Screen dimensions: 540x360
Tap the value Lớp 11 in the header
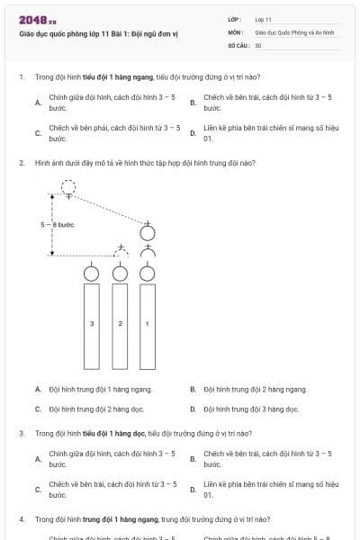pyautogui.click(x=263, y=19)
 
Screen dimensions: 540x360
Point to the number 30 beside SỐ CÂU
pyautogui.click(x=258, y=44)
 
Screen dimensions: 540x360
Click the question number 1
pyautogui.click(x=21, y=77)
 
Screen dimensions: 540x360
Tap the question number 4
pyautogui.click(x=21, y=519)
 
